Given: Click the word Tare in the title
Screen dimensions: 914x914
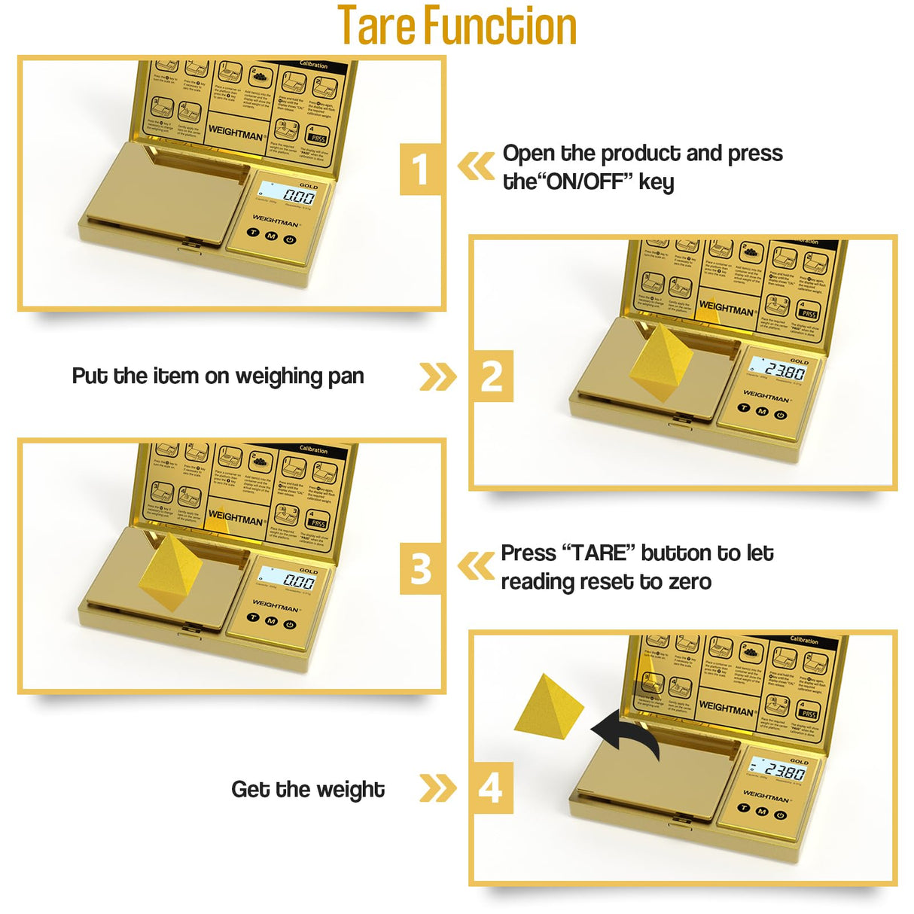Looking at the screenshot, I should pyautogui.click(x=377, y=26).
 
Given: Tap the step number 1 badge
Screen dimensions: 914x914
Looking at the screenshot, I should pyautogui.click(x=420, y=169).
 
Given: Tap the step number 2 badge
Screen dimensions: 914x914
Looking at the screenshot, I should pyautogui.click(x=491, y=376).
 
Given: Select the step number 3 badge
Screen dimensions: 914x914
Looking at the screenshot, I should pyautogui.click(x=420, y=568).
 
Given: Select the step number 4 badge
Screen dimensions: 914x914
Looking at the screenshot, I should pyautogui.click(x=491, y=788).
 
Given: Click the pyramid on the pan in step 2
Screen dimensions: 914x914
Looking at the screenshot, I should pyautogui.click(x=660, y=362).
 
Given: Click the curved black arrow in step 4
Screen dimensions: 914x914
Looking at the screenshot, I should pyautogui.click(x=626, y=734).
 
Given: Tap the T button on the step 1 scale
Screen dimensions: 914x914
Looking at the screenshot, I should pyautogui.click(x=254, y=233).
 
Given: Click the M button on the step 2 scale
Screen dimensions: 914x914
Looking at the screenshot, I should pyautogui.click(x=762, y=411).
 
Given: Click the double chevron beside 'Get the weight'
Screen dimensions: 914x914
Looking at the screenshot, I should pyautogui.click(x=437, y=788).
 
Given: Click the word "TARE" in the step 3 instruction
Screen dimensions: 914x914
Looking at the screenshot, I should pyautogui.click(x=599, y=553).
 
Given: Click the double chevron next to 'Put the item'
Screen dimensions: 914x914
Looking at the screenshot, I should pyautogui.click(x=437, y=376).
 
